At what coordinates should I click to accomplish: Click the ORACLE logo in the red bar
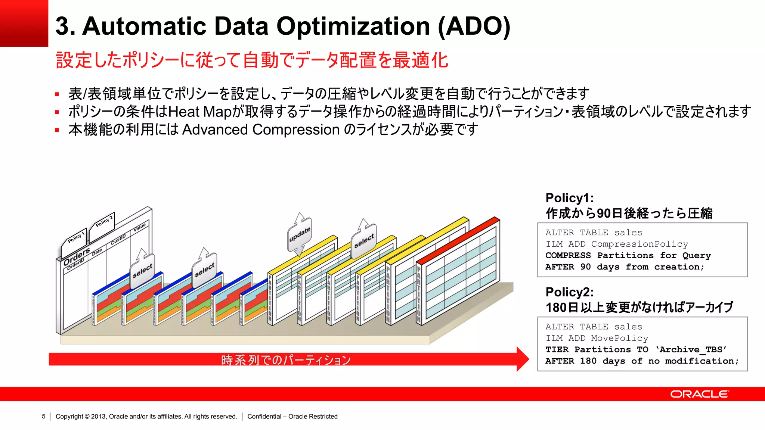click(x=699, y=394)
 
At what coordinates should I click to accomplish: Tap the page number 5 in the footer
click(x=44, y=416)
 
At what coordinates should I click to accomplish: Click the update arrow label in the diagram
click(x=300, y=234)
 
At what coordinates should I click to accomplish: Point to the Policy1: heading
click(x=569, y=198)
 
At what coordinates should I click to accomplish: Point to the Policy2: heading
click(x=569, y=292)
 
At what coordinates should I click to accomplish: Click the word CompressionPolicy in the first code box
click(x=639, y=244)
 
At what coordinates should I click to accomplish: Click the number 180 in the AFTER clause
click(x=588, y=361)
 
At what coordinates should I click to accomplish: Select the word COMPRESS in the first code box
click(x=568, y=255)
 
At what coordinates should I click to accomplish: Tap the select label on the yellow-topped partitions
click(x=364, y=241)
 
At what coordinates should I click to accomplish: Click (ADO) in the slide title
click(x=474, y=26)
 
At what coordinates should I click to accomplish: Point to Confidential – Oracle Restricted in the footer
click(x=292, y=416)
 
